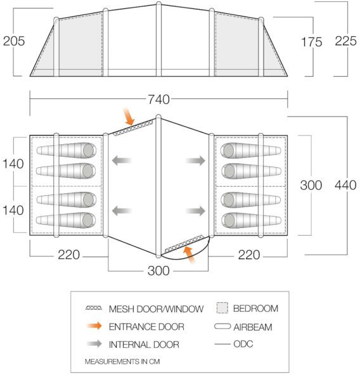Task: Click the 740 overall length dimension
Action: tap(158, 99)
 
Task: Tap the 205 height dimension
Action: tap(14, 41)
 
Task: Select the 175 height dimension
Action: tap(311, 42)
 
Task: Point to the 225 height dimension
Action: tap(345, 41)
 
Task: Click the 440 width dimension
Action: tap(345, 186)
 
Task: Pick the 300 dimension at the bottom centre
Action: tap(158, 270)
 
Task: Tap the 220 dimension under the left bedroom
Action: tap(68, 255)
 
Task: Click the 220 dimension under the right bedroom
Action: tap(249, 255)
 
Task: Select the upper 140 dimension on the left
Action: tap(13, 164)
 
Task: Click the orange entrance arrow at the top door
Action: tap(129, 117)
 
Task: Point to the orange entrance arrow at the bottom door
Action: tap(190, 255)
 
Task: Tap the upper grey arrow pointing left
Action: tap(122, 160)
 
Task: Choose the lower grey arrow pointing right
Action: tap(195, 211)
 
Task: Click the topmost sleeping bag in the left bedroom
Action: tap(67, 150)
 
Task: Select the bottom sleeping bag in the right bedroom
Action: tap(251, 220)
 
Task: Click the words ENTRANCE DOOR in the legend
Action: tap(146, 327)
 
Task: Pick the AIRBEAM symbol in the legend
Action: tap(222, 326)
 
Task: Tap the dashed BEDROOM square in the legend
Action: tap(222, 308)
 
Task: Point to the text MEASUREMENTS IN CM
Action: tap(122, 362)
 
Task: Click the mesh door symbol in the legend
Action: tap(94, 308)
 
